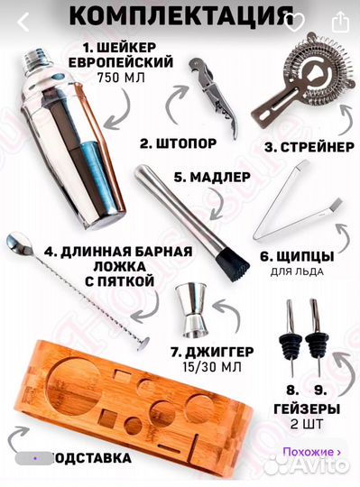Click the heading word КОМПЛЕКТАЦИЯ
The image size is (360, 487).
coord(180,15)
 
